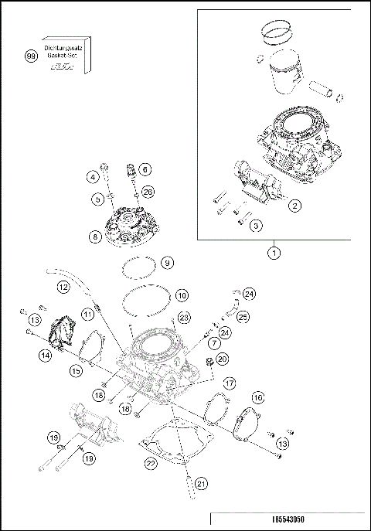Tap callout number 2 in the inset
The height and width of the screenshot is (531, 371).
click(x=294, y=206)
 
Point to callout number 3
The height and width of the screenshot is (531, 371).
click(x=255, y=225)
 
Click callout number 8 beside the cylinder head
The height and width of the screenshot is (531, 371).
click(x=94, y=237)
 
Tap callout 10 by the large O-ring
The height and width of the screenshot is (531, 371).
click(x=181, y=295)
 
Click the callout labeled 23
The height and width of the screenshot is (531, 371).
click(x=183, y=317)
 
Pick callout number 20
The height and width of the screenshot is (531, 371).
click(x=222, y=359)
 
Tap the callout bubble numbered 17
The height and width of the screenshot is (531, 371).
click(x=229, y=383)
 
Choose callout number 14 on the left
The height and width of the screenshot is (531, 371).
click(x=46, y=355)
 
